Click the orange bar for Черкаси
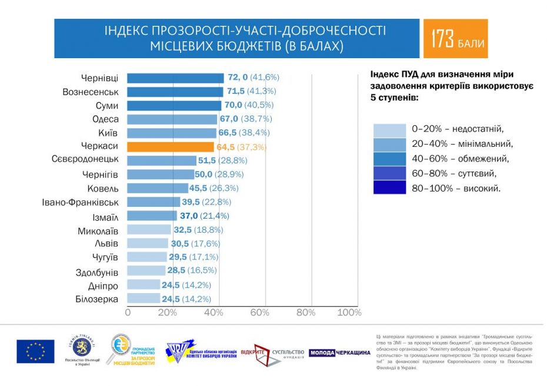click(x=171, y=147)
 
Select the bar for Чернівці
click(x=175, y=78)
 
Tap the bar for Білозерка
click(x=144, y=298)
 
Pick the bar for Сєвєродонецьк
click(x=162, y=160)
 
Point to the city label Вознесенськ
click(x=91, y=92)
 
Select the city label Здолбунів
click(x=94, y=272)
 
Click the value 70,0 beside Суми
click(x=233, y=105)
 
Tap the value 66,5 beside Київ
click(x=229, y=133)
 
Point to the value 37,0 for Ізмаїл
click(x=189, y=216)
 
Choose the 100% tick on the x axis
click(x=349, y=313)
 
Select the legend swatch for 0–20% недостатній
click(x=389, y=130)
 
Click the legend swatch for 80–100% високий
click(x=389, y=187)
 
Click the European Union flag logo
click(x=35, y=351)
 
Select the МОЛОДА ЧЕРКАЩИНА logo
click(x=339, y=353)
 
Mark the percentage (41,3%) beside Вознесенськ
click(x=263, y=92)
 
